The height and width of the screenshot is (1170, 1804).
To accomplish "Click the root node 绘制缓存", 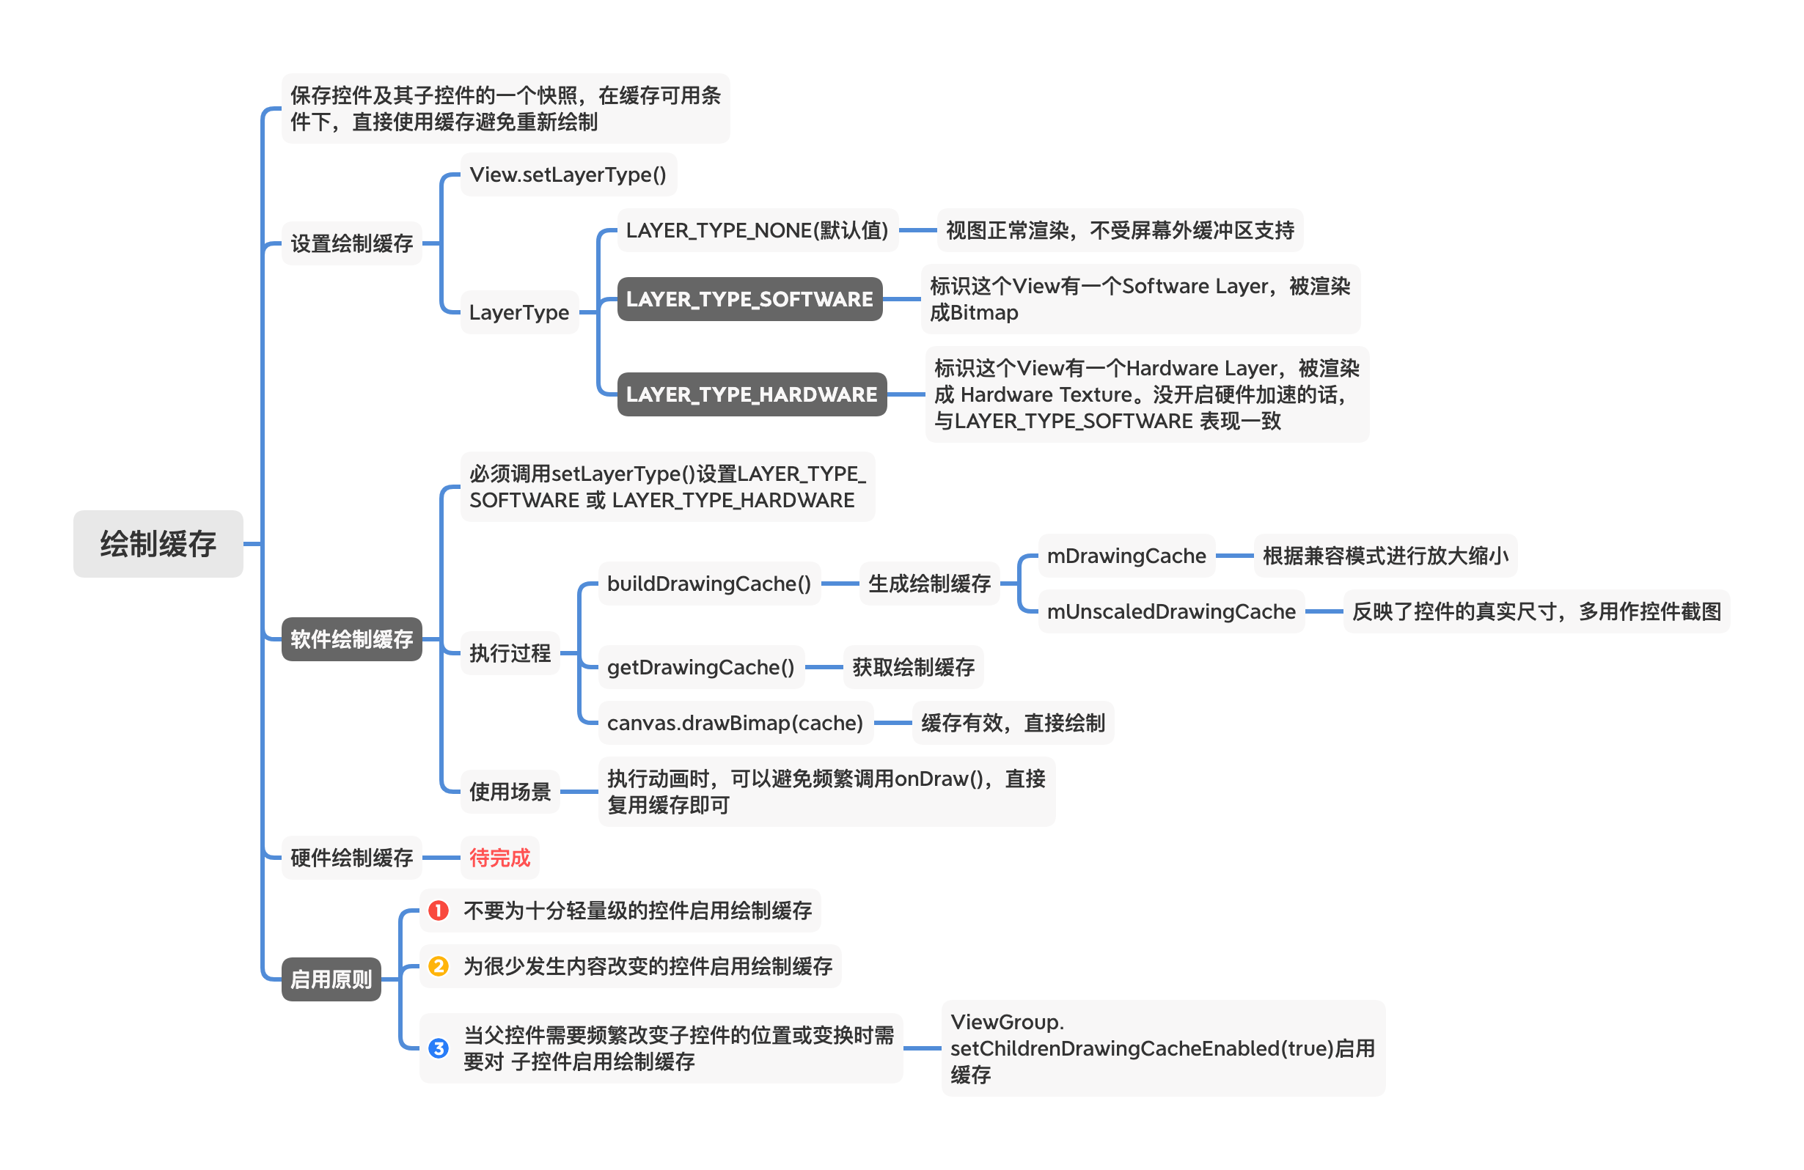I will (x=158, y=543).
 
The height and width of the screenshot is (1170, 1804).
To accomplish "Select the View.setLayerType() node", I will (x=568, y=174).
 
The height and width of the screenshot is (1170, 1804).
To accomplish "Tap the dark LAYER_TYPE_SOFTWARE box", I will (x=749, y=298).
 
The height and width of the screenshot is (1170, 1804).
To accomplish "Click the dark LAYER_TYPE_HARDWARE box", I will (x=751, y=394).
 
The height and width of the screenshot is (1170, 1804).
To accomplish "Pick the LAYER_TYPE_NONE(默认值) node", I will (x=757, y=229).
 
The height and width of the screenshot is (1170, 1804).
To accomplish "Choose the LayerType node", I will (x=518, y=312).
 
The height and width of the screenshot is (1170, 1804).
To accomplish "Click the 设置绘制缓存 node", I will (x=351, y=243).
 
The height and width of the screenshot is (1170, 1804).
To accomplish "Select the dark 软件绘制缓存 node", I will (x=351, y=639).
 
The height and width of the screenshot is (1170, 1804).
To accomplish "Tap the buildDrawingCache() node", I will (x=708, y=584).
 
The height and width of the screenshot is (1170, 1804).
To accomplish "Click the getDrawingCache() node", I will (x=700, y=667).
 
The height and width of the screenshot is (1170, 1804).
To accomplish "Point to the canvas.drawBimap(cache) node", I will (x=735, y=723).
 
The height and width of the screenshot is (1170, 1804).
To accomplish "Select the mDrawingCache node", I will (x=1126, y=556).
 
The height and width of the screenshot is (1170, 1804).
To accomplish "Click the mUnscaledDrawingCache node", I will (x=1170, y=611).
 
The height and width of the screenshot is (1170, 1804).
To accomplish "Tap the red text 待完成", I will (x=499, y=858).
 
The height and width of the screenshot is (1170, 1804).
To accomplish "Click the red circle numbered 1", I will (x=438, y=910).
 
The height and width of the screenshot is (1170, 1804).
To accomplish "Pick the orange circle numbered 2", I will (x=438, y=966).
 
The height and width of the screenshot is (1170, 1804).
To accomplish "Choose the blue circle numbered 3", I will (x=438, y=1048).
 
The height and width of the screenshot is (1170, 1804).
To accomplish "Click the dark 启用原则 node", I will (x=331, y=979).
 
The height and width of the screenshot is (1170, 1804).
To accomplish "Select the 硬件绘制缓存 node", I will (x=351, y=858).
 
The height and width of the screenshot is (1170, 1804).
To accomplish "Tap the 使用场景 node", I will (x=510, y=792).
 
